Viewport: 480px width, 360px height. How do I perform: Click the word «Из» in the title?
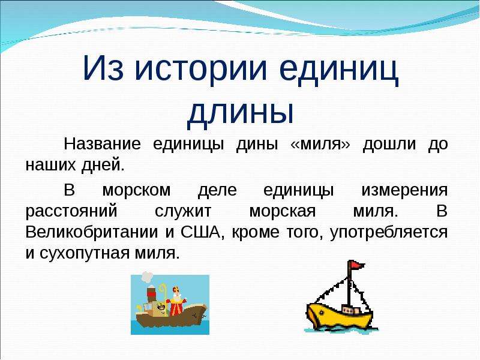click(x=103, y=68)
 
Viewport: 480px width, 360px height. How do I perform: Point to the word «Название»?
click(x=102, y=143)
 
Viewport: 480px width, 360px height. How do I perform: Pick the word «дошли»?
click(x=389, y=145)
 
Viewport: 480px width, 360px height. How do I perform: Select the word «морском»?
click(x=137, y=190)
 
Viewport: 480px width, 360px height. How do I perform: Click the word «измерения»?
click(x=404, y=190)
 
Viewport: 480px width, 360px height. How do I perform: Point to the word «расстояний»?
click(x=71, y=212)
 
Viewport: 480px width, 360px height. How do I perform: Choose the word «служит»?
click(x=183, y=212)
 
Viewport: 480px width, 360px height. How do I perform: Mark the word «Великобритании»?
click(x=92, y=232)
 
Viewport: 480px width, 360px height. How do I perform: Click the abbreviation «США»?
click(x=201, y=232)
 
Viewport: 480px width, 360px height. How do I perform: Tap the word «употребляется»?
click(x=389, y=233)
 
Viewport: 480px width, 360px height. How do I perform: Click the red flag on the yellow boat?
click(x=357, y=265)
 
